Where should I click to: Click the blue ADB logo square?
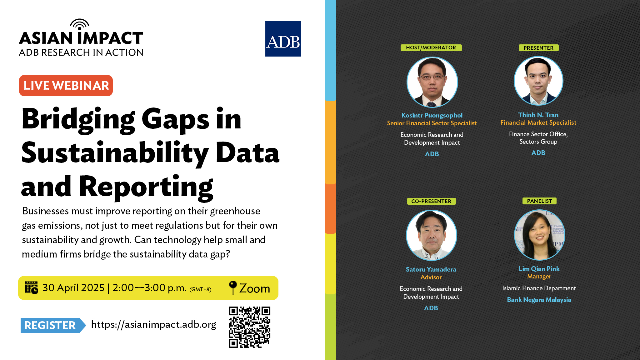click(x=283, y=39)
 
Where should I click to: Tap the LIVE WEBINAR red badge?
click(x=66, y=86)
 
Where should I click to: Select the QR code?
click(x=249, y=327)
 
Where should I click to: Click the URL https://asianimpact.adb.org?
click(x=153, y=325)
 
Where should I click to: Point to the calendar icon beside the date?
click(x=31, y=287)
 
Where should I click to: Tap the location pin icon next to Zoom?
click(x=233, y=287)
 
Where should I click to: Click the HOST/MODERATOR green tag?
click(x=431, y=48)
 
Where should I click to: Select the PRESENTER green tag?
click(x=539, y=48)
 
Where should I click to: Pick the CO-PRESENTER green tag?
click(x=432, y=201)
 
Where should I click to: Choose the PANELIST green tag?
click(x=539, y=201)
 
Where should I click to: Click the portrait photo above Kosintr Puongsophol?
click(x=432, y=82)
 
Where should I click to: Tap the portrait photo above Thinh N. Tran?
click(x=538, y=81)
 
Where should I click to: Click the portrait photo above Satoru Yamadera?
click(x=431, y=235)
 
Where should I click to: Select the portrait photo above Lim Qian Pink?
click(x=539, y=235)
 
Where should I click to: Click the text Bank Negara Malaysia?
click(x=539, y=300)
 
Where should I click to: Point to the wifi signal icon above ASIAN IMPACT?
click(x=80, y=24)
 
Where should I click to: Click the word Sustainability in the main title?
click(x=115, y=153)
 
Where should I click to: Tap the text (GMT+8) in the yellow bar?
click(x=200, y=289)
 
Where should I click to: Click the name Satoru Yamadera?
click(x=431, y=269)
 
